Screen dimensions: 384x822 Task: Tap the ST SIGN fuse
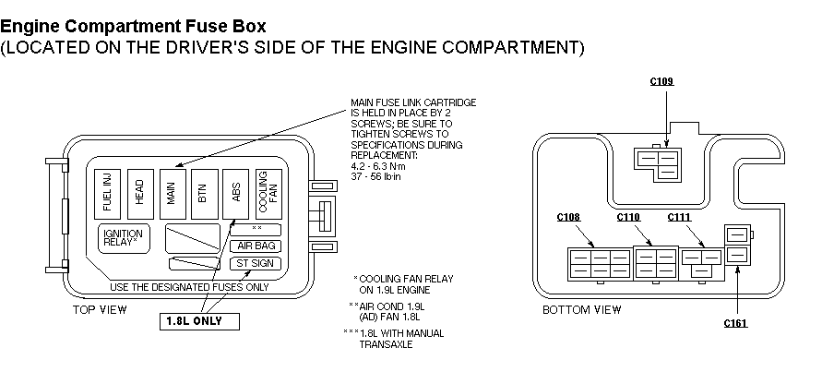click(x=255, y=264)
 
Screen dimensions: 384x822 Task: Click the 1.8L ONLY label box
click(x=198, y=321)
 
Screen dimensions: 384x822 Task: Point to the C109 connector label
click(x=662, y=82)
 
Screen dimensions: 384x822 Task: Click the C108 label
click(x=568, y=218)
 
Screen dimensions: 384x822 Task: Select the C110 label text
click(x=627, y=218)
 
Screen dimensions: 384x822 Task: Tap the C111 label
click(x=679, y=218)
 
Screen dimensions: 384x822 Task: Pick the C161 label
click(x=735, y=323)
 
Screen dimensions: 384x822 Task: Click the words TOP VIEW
click(x=100, y=309)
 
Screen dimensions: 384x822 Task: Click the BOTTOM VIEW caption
click(x=582, y=309)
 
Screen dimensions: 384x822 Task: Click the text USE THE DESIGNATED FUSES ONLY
click(x=189, y=285)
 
